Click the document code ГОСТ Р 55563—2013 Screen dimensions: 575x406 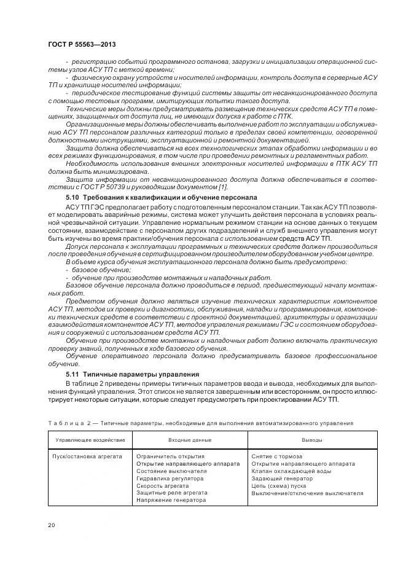(81, 45)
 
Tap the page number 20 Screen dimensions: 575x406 (52, 524)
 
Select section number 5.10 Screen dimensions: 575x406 (73, 196)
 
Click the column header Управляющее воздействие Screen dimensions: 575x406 (90, 440)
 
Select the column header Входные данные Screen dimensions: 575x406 (190, 440)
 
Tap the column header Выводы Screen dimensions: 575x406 (311, 440)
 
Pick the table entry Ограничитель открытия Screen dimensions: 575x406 (170, 456)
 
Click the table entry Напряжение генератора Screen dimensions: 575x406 (171, 499)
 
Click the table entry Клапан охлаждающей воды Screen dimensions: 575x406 (291, 471)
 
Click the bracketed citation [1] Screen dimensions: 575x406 (224, 187)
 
